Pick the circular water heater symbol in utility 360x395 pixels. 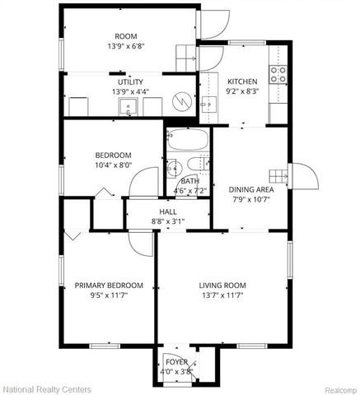click(181, 104)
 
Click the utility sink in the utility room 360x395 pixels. click(129, 106)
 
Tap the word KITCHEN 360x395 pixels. click(243, 81)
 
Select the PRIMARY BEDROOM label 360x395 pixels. click(109, 286)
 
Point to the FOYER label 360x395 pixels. click(176, 361)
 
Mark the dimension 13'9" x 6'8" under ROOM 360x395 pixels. click(126, 46)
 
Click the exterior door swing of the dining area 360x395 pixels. click(300, 177)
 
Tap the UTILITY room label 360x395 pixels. click(130, 81)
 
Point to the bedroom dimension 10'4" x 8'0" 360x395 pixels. click(113, 165)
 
